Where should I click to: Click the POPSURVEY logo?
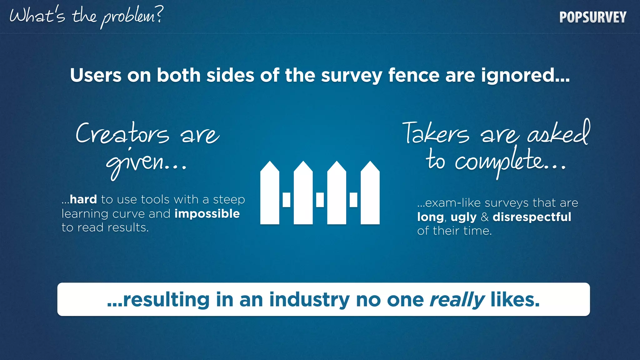pyautogui.click(x=593, y=17)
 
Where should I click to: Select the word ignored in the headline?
pyautogui.click(x=525, y=75)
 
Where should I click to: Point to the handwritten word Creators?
pyautogui.click(x=122, y=134)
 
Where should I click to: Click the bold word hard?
pyautogui.click(x=83, y=199)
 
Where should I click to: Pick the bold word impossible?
pyautogui.click(x=207, y=214)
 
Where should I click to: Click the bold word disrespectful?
pyautogui.click(x=532, y=217)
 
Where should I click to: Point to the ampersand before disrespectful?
pyautogui.click(x=485, y=217)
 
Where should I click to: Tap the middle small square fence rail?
pyautogui.click(x=320, y=200)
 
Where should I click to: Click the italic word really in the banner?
pyautogui.click(x=457, y=300)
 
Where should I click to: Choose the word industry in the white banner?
pyautogui.click(x=309, y=300)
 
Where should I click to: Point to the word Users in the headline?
pyautogui.click(x=96, y=75)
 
